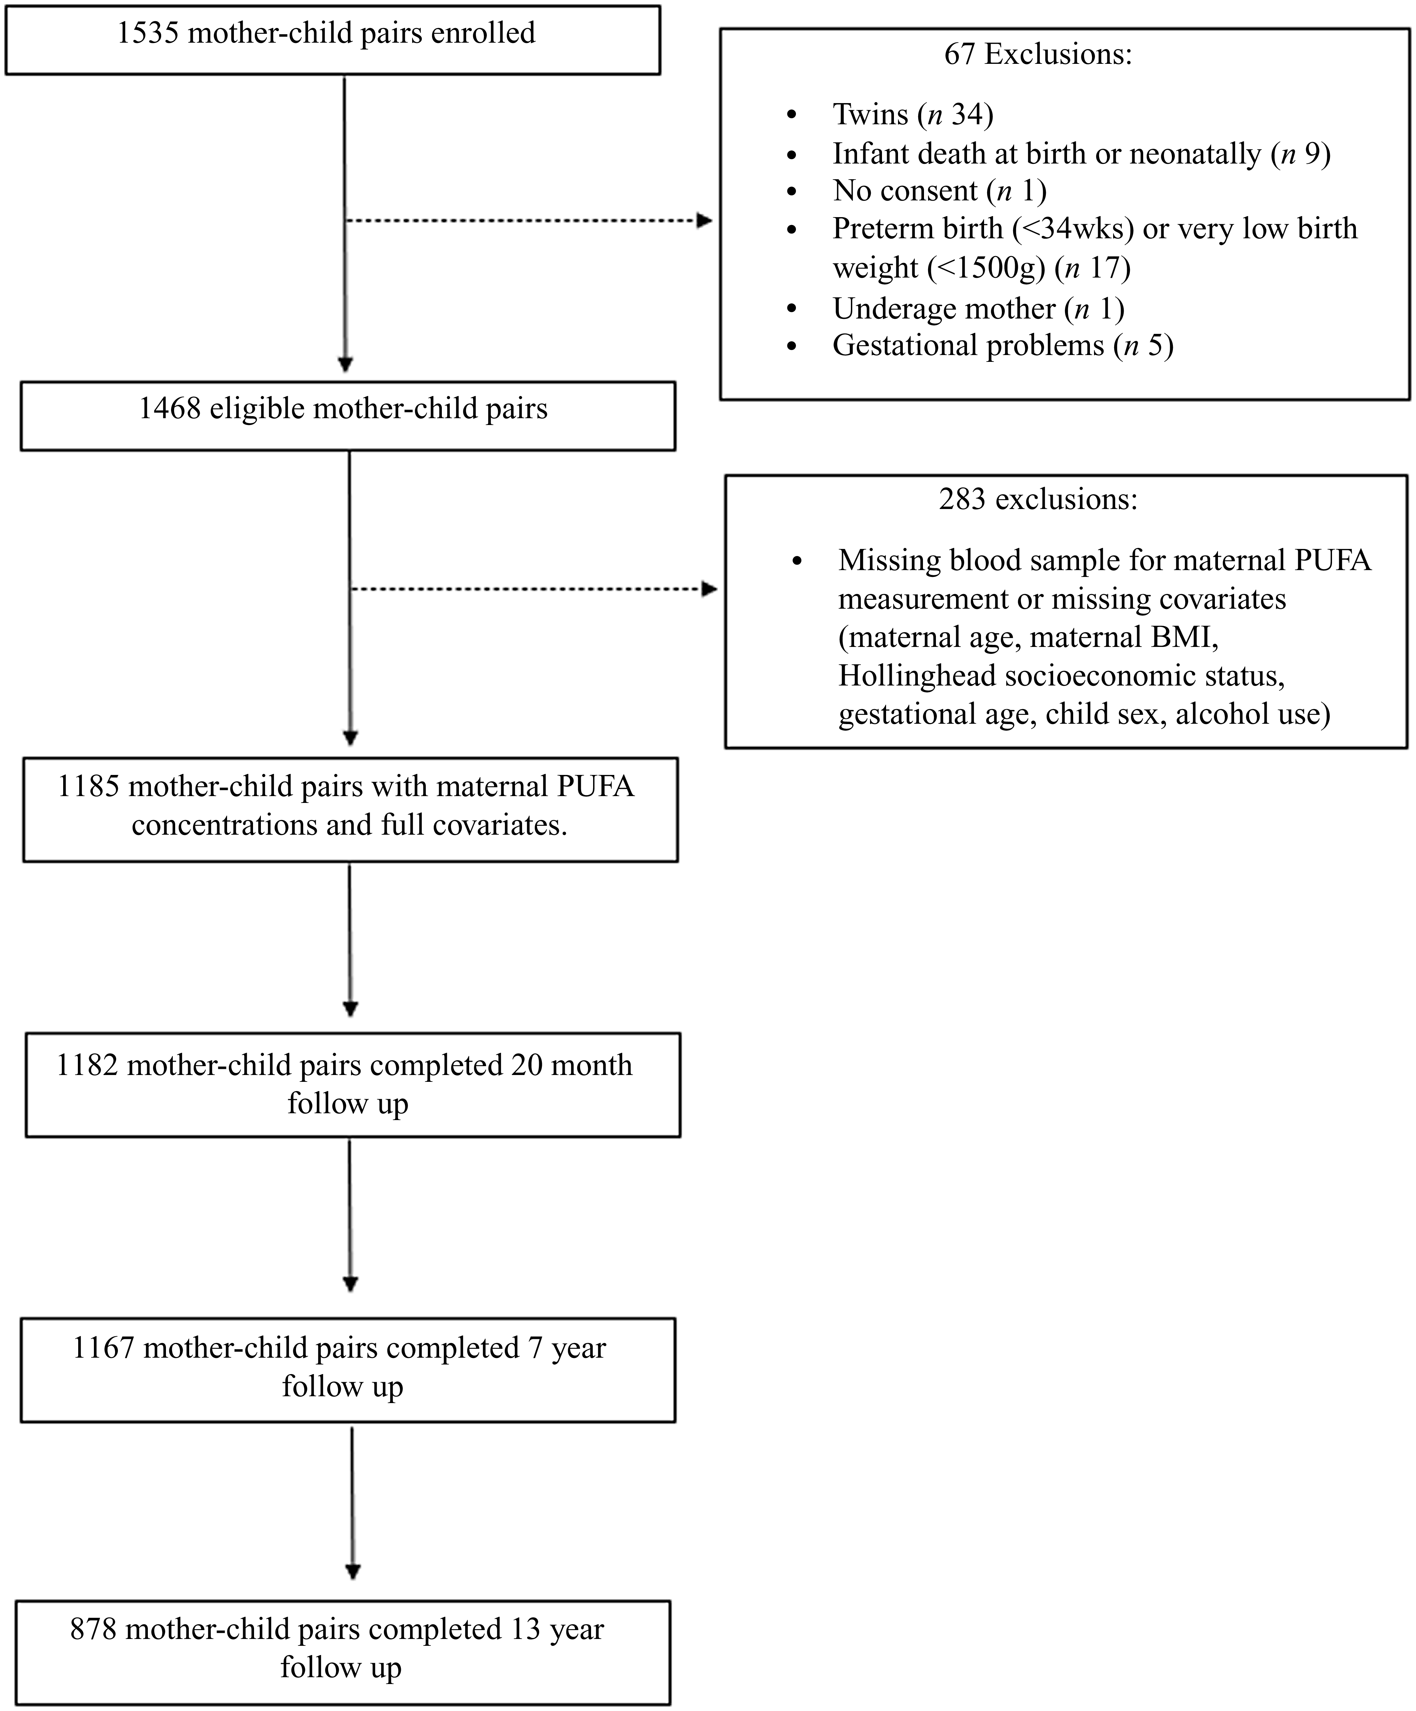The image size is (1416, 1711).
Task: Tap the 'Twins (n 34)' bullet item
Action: [x=912, y=115]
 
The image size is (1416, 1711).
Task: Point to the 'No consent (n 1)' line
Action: [x=939, y=190]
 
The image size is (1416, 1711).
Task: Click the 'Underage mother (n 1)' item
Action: [x=979, y=309]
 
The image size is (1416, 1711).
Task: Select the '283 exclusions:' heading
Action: [x=1038, y=499]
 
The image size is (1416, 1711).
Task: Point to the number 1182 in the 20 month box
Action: [x=87, y=1066]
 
